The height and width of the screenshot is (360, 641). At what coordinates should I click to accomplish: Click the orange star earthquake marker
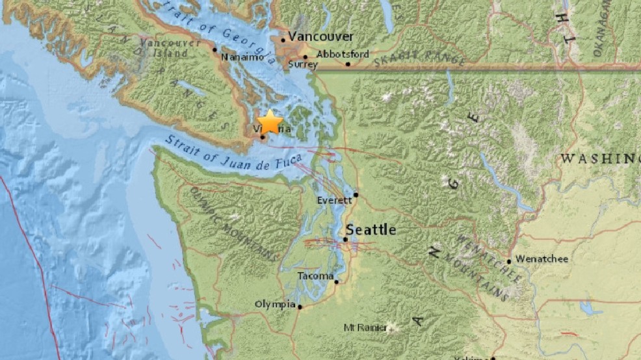pyautogui.click(x=270, y=122)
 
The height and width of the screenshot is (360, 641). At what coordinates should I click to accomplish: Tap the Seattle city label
pyautogui.click(x=371, y=229)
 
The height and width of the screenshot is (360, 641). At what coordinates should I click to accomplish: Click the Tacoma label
pyautogui.click(x=315, y=276)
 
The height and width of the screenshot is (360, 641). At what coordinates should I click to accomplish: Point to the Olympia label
pyautogui.click(x=275, y=304)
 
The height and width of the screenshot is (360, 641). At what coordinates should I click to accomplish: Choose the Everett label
pyautogui.click(x=334, y=200)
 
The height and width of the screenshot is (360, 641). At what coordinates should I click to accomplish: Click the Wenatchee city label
pyautogui.click(x=542, y=259)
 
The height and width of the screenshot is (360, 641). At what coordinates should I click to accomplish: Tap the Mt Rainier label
pyautogui.click(x=365, y=328)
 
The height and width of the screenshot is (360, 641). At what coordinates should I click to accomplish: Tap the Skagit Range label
pyautogui.click(x=419, y=57)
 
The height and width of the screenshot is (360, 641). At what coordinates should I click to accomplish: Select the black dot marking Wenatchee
pyautogui.click(x=509, y=262)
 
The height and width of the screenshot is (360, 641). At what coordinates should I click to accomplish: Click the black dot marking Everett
pyautogui.click(x=356, y=194)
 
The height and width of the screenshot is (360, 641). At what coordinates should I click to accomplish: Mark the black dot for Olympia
pyautogui.click(x=299, y=307)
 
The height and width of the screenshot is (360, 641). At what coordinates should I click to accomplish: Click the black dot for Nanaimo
pyautogui.click(x=215, y=49)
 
